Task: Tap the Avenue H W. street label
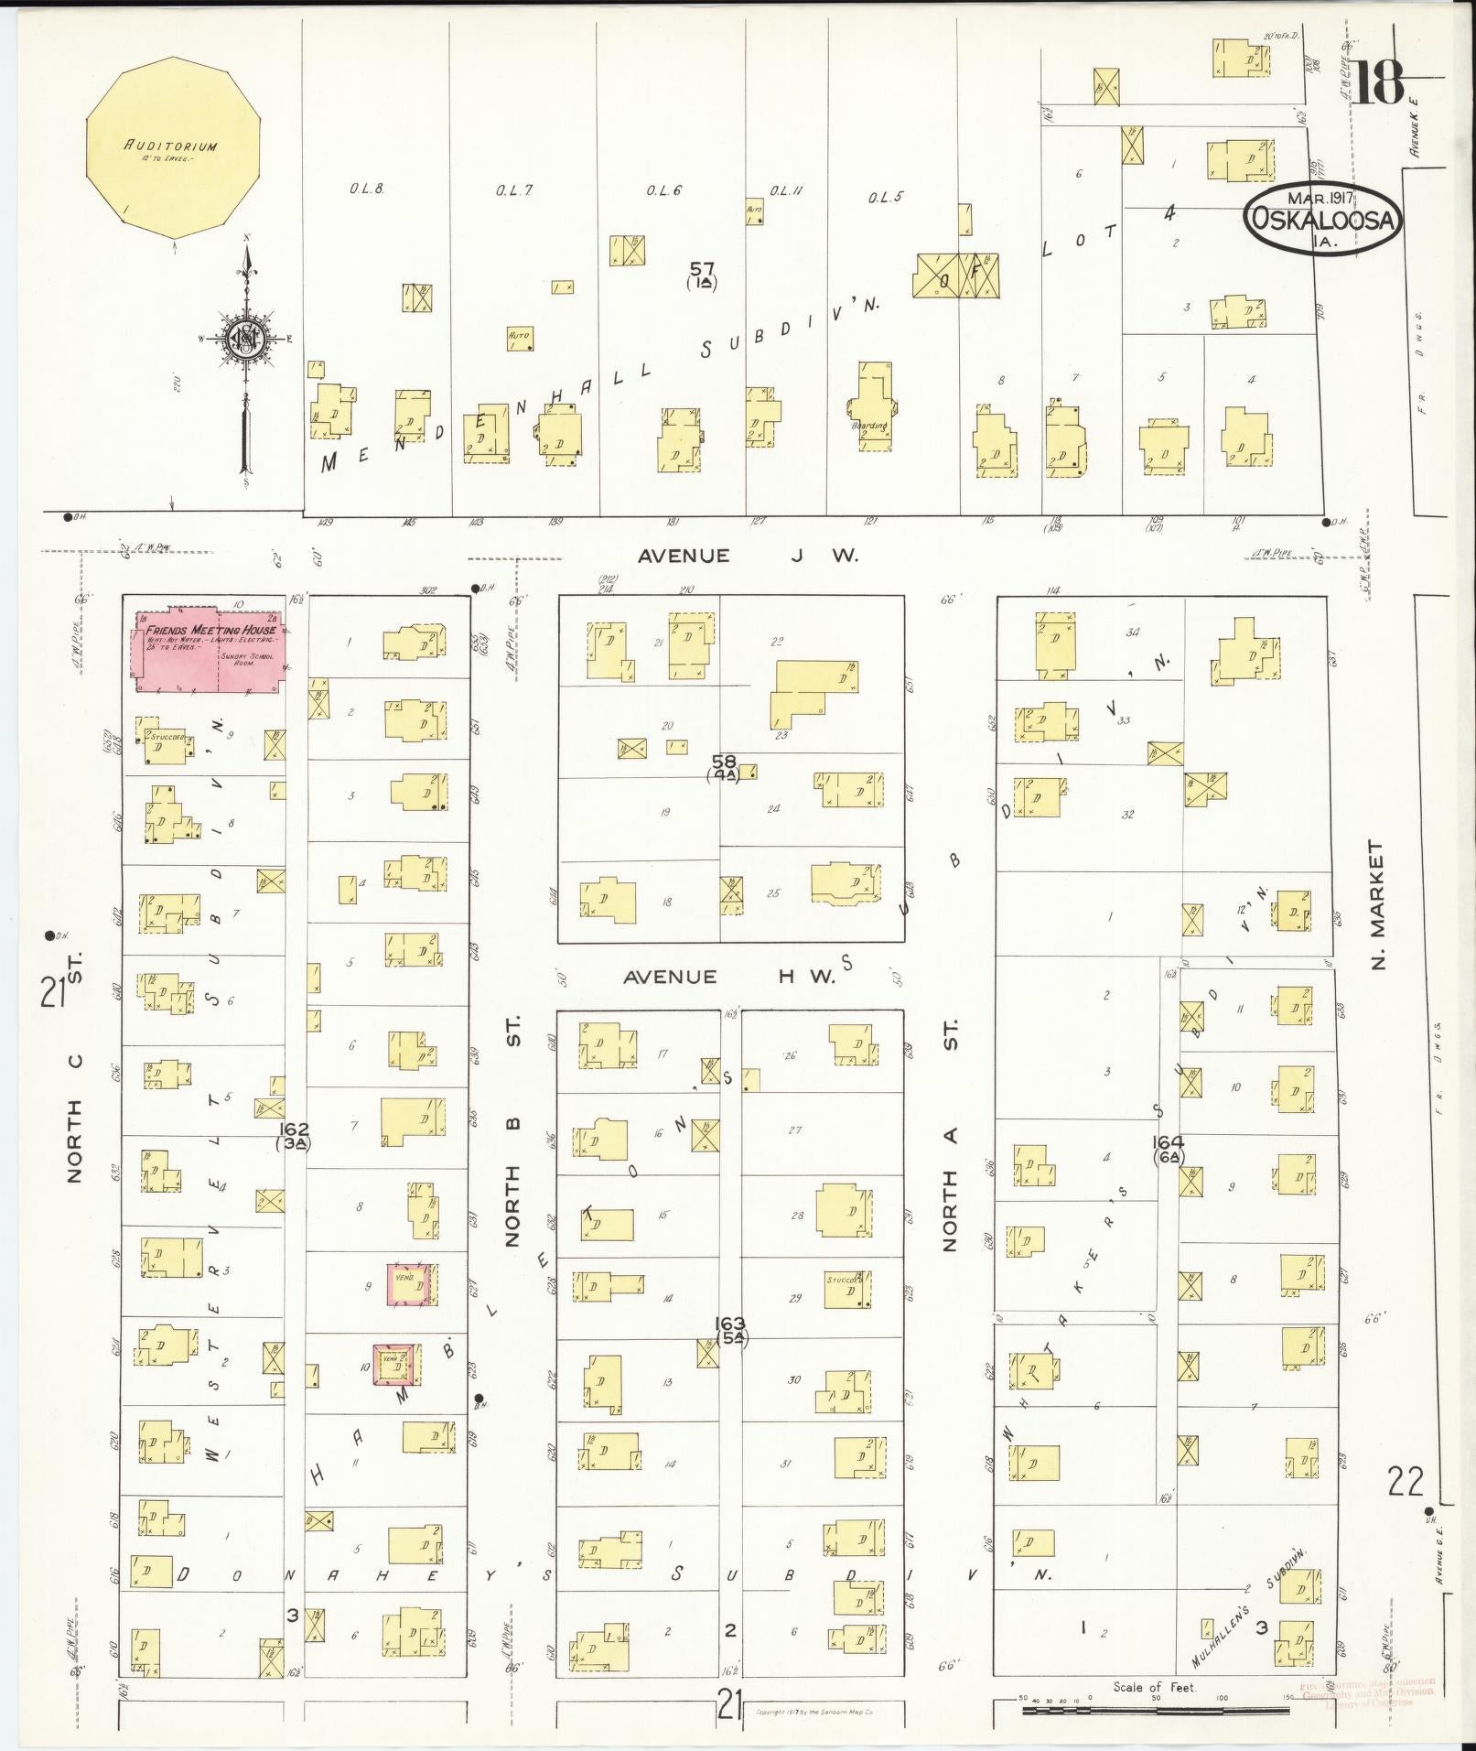tap(729, 977)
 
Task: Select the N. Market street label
tap(1378, 906)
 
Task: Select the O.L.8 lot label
tap(365, 189)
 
